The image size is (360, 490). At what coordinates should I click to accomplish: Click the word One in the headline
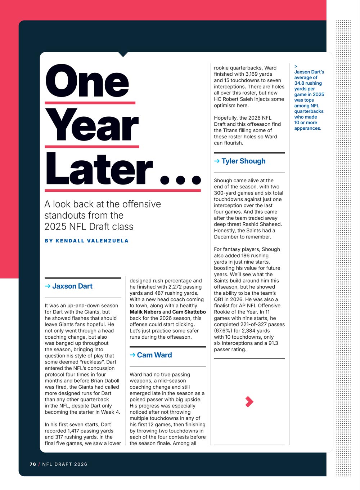[87, 82]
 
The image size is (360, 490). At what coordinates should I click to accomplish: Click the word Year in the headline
[92, 125]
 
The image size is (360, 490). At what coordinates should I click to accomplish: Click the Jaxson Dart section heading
[72, 286]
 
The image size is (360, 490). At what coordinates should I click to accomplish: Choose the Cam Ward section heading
[154, 355]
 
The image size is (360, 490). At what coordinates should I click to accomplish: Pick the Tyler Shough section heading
[243, 161]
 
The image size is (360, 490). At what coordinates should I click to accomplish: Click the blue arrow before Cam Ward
[132, 355]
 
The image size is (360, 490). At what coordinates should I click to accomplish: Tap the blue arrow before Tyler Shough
[217, 161]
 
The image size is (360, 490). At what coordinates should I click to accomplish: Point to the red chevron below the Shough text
[249, 401]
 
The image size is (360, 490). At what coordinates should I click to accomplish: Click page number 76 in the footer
[33, 464]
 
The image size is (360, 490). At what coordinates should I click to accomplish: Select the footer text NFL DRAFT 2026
[65, 464]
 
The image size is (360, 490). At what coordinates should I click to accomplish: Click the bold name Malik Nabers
[145, 312]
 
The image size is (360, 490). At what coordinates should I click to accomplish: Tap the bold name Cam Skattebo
[189, 312]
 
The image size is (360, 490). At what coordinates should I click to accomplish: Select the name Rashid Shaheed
[265, 224]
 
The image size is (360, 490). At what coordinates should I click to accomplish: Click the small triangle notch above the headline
[123, 54]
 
